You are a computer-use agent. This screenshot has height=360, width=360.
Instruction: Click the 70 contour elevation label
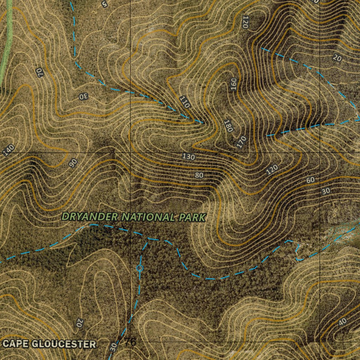39,73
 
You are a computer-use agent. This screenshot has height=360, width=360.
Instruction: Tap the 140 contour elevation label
8,150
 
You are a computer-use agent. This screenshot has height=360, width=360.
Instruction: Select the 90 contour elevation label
72,162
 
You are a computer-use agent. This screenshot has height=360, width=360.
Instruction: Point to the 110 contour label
185,102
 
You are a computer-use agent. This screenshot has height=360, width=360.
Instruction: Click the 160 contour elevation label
234,84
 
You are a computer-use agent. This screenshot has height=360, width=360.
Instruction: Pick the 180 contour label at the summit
228,126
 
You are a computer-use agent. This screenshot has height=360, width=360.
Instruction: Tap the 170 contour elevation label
242,142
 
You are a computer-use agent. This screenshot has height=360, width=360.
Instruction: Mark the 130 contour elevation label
189,156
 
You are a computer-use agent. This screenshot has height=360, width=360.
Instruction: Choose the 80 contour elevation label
199,175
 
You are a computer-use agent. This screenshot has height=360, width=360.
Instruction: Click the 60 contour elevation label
310,180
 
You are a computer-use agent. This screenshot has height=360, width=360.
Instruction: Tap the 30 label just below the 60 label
326,191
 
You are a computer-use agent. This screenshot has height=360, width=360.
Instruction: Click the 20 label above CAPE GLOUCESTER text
79,322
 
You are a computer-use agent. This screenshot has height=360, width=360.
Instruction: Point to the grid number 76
130,342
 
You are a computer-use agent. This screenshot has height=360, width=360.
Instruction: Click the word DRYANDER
90,217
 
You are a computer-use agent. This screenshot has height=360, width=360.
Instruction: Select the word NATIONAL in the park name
148,218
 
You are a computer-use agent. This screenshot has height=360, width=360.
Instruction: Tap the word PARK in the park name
192,218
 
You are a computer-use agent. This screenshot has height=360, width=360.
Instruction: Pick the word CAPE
16,344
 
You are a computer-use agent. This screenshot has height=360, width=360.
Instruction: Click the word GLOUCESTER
64,344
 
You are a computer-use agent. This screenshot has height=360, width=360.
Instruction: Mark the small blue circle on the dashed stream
140,268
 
